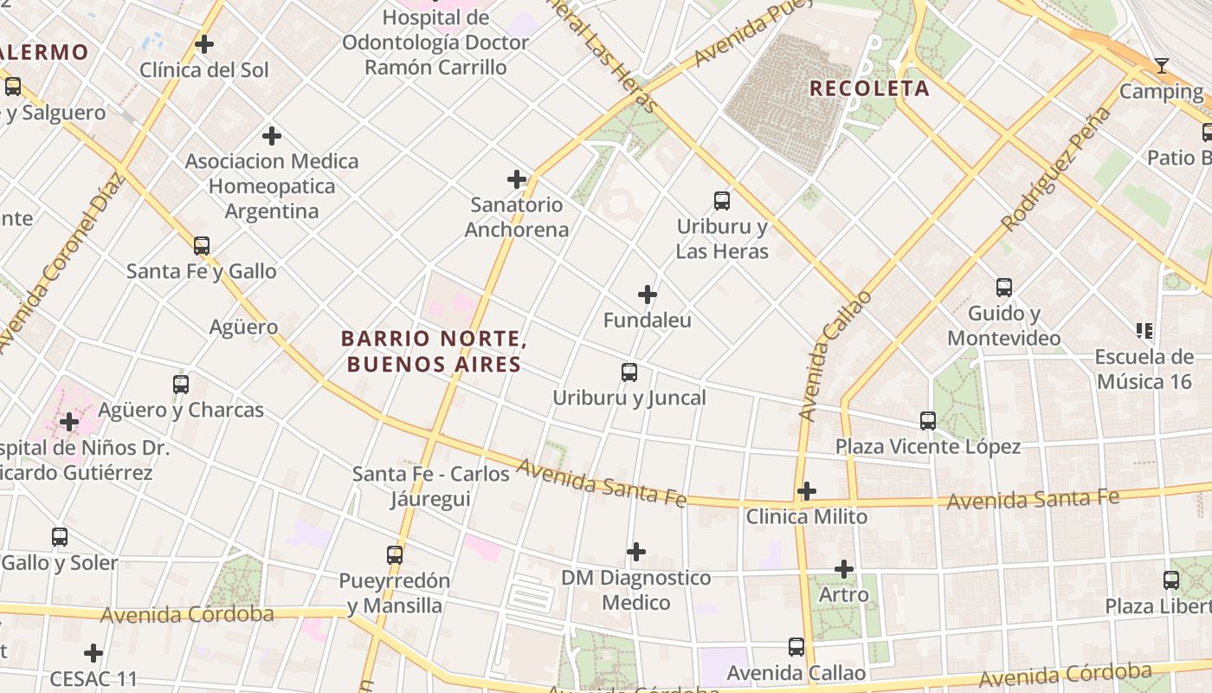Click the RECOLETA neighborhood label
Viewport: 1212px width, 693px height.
point(869,88)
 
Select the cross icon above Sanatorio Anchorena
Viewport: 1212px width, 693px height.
point(517,179)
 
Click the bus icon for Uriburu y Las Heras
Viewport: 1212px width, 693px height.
point(722,201)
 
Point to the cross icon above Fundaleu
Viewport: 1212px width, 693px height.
point(648,295)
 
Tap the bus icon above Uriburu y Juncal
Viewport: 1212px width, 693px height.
point(629,372)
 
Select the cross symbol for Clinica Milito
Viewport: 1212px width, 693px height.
point(807,491)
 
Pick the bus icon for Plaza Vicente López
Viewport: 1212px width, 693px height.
point(928,421)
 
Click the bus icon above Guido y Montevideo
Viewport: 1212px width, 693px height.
point(1004,288)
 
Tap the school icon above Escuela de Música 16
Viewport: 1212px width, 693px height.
point(1144,331)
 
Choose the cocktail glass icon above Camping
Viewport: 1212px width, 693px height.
point(1162,66)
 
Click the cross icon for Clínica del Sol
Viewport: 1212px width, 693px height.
point(204,43)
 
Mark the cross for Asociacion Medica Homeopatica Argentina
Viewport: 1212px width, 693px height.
point(272,135)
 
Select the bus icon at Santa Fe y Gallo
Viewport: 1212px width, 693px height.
point(202,246)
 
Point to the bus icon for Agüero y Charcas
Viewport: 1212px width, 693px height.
point(181,384)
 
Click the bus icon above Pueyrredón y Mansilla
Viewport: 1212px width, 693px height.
point(395,554)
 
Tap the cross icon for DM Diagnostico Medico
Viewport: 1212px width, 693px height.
point(636,552)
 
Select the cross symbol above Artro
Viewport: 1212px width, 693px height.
point(844,569)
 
